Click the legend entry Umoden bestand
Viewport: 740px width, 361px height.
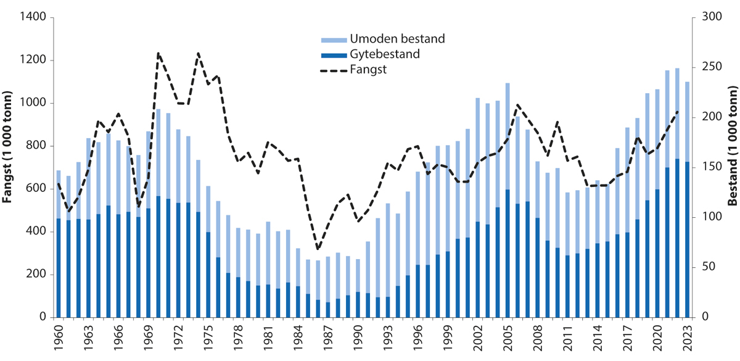[x=382, y=39]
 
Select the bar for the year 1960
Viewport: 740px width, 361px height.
[x=59, y=247]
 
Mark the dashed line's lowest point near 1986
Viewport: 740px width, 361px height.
[x=317, y=249]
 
